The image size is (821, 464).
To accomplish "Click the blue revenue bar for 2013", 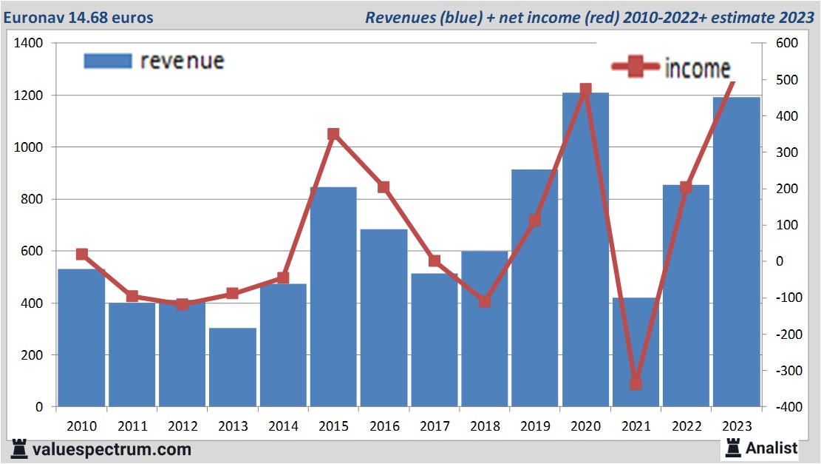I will click(233, 367).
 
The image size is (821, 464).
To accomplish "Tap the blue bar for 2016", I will click(384, 317).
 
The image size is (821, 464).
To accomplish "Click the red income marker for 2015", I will click(333, 134).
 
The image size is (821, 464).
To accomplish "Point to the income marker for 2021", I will click(636, 383).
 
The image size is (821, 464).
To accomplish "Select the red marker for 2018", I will click(485, 301).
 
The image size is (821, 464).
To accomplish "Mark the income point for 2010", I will click(82, 255).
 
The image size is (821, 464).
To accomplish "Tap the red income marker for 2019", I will click(535, 221).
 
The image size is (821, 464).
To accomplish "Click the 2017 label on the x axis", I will click(435, 426).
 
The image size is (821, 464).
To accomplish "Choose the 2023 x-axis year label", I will click(737, 426).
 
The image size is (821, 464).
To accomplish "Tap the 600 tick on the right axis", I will click(787, 44).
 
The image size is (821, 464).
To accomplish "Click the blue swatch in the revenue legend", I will click(107, 61).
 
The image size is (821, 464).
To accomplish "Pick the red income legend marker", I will click(635, 67).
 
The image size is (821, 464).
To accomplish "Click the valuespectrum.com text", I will click(112, 449).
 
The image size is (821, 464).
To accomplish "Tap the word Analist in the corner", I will click(771, 448).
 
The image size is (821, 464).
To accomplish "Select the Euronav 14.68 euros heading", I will click(78, 17).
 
